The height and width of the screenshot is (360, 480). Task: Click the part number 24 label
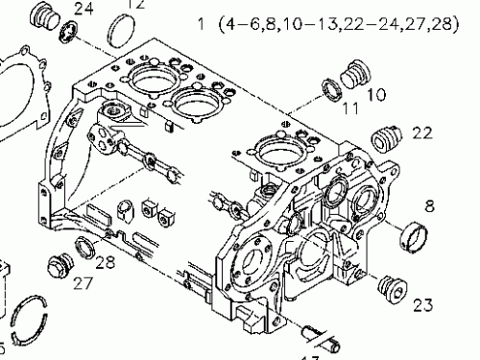coord(84,10)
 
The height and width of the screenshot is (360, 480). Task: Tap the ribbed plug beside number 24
coord(44,18)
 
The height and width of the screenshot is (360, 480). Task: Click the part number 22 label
coord(422,132)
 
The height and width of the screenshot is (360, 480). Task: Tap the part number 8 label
coord(429,204)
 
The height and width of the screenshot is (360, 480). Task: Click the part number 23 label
coord(422,306)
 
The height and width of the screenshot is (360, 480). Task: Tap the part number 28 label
coord(106,261)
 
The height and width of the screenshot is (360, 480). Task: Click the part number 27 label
coord(83,283)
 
